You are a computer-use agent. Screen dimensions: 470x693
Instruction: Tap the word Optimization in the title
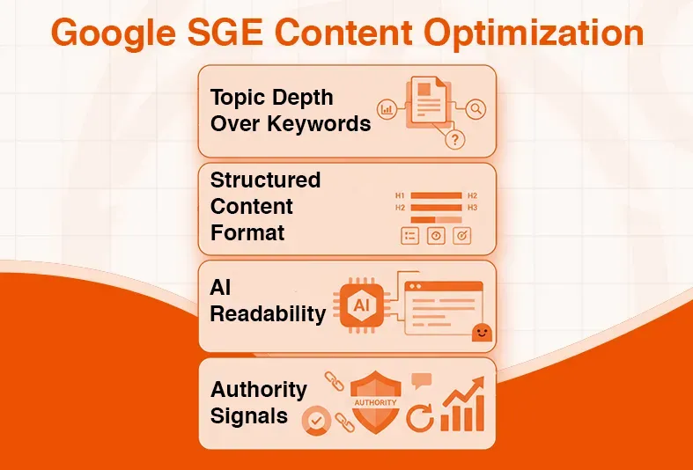pyautogui.click(x=537, y=33)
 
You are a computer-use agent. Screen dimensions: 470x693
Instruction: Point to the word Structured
pyautogui.click(x=265, y=180)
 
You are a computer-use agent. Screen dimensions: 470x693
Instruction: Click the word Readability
pyautogui.click(x=268, y=314)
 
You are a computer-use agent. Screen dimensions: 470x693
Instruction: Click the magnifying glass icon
pyautogui.click(x=476, y=109)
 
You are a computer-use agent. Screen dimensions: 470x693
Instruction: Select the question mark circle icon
pyautogui.click(x=454, y=140)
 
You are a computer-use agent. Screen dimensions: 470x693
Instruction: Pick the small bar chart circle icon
pyautogui.click(x=386, y=109)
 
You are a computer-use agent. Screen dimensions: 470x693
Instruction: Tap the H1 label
pyautogui.click(x=400, y=195)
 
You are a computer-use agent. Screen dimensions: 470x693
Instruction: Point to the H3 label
pyautogui.click(x=473, y=208)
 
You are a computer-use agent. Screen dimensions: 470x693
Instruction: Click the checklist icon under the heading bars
pyautogui.click(x=409, y=236)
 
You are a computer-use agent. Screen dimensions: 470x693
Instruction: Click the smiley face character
pyautogui.click(x=481, y=332)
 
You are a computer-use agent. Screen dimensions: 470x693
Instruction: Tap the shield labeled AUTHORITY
pyautogui.click(x=376, y=401)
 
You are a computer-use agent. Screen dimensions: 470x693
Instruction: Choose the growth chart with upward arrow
pyautogui.click(x=464, y=404)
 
